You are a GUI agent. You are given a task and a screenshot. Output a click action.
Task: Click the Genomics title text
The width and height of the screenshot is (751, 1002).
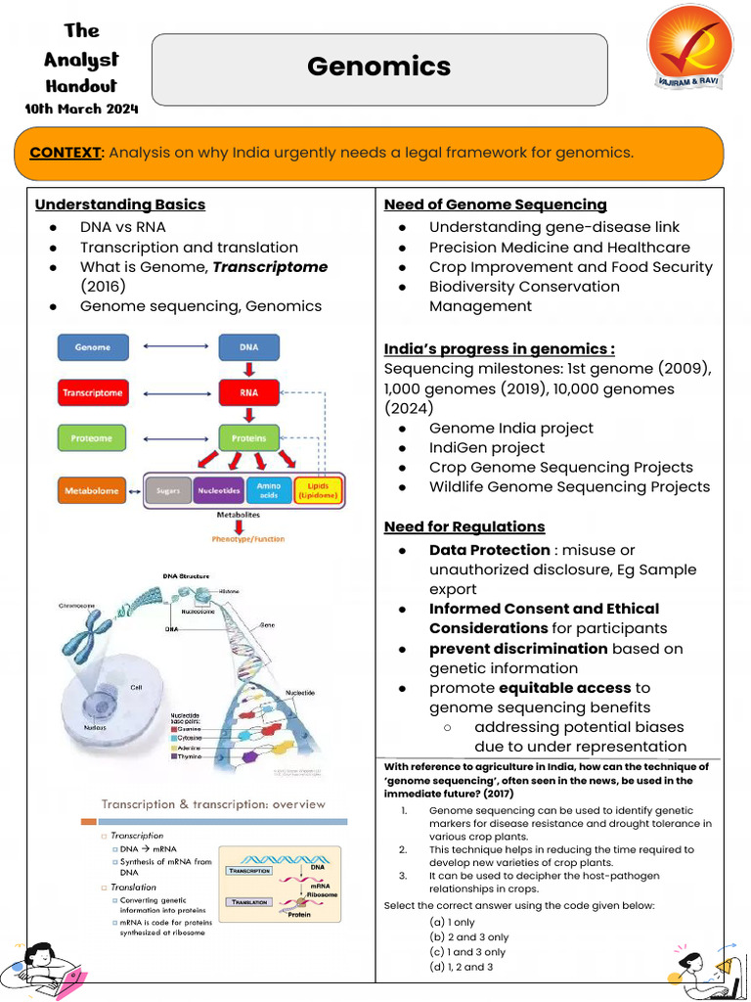378,67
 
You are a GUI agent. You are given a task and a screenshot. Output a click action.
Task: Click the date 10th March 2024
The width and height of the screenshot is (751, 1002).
81,109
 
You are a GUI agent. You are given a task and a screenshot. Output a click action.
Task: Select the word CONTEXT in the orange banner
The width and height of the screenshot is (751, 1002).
66,153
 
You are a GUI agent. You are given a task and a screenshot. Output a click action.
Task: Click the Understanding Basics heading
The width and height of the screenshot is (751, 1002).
120,205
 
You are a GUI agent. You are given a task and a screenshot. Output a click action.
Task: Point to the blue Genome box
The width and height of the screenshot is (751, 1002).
93,347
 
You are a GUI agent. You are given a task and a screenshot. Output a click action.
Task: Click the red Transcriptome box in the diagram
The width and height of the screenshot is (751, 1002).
93,392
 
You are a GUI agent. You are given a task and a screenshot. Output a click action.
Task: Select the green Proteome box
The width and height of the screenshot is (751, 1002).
93,438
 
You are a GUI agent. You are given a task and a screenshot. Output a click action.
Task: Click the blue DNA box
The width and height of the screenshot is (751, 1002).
248,347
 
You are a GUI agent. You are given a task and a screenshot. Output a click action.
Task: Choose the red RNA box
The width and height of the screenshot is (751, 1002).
248,392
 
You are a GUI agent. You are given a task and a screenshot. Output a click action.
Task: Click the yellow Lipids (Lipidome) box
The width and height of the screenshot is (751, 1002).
318,490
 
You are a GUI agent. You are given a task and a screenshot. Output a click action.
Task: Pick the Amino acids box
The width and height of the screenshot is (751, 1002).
269,490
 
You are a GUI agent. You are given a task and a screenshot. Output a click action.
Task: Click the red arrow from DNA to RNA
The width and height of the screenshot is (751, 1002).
248,370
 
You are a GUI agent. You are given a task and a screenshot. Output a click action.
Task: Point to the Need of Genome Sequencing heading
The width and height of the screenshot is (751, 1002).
495,205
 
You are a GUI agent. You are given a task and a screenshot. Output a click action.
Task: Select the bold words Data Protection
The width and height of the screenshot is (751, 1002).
489,550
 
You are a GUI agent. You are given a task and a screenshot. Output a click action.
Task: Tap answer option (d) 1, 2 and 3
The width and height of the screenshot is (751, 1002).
461,967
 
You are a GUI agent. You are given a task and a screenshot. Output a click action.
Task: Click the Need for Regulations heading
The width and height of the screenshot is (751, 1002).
464,527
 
